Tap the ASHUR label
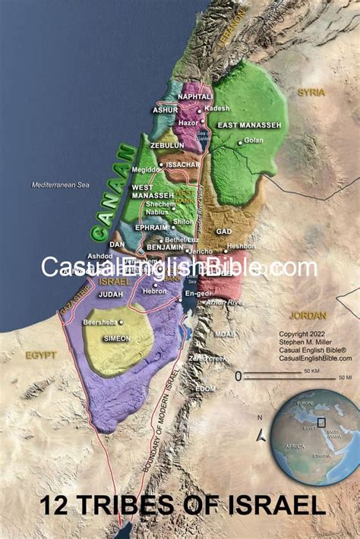click(166, 110)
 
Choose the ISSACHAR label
click(183, 164)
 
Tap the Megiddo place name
click(146, 169)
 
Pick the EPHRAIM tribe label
click(152, 226)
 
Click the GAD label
click(223, 231)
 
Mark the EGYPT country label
click(41, 355)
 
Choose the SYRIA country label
click(311, 93)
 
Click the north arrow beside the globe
click(261, 435)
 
